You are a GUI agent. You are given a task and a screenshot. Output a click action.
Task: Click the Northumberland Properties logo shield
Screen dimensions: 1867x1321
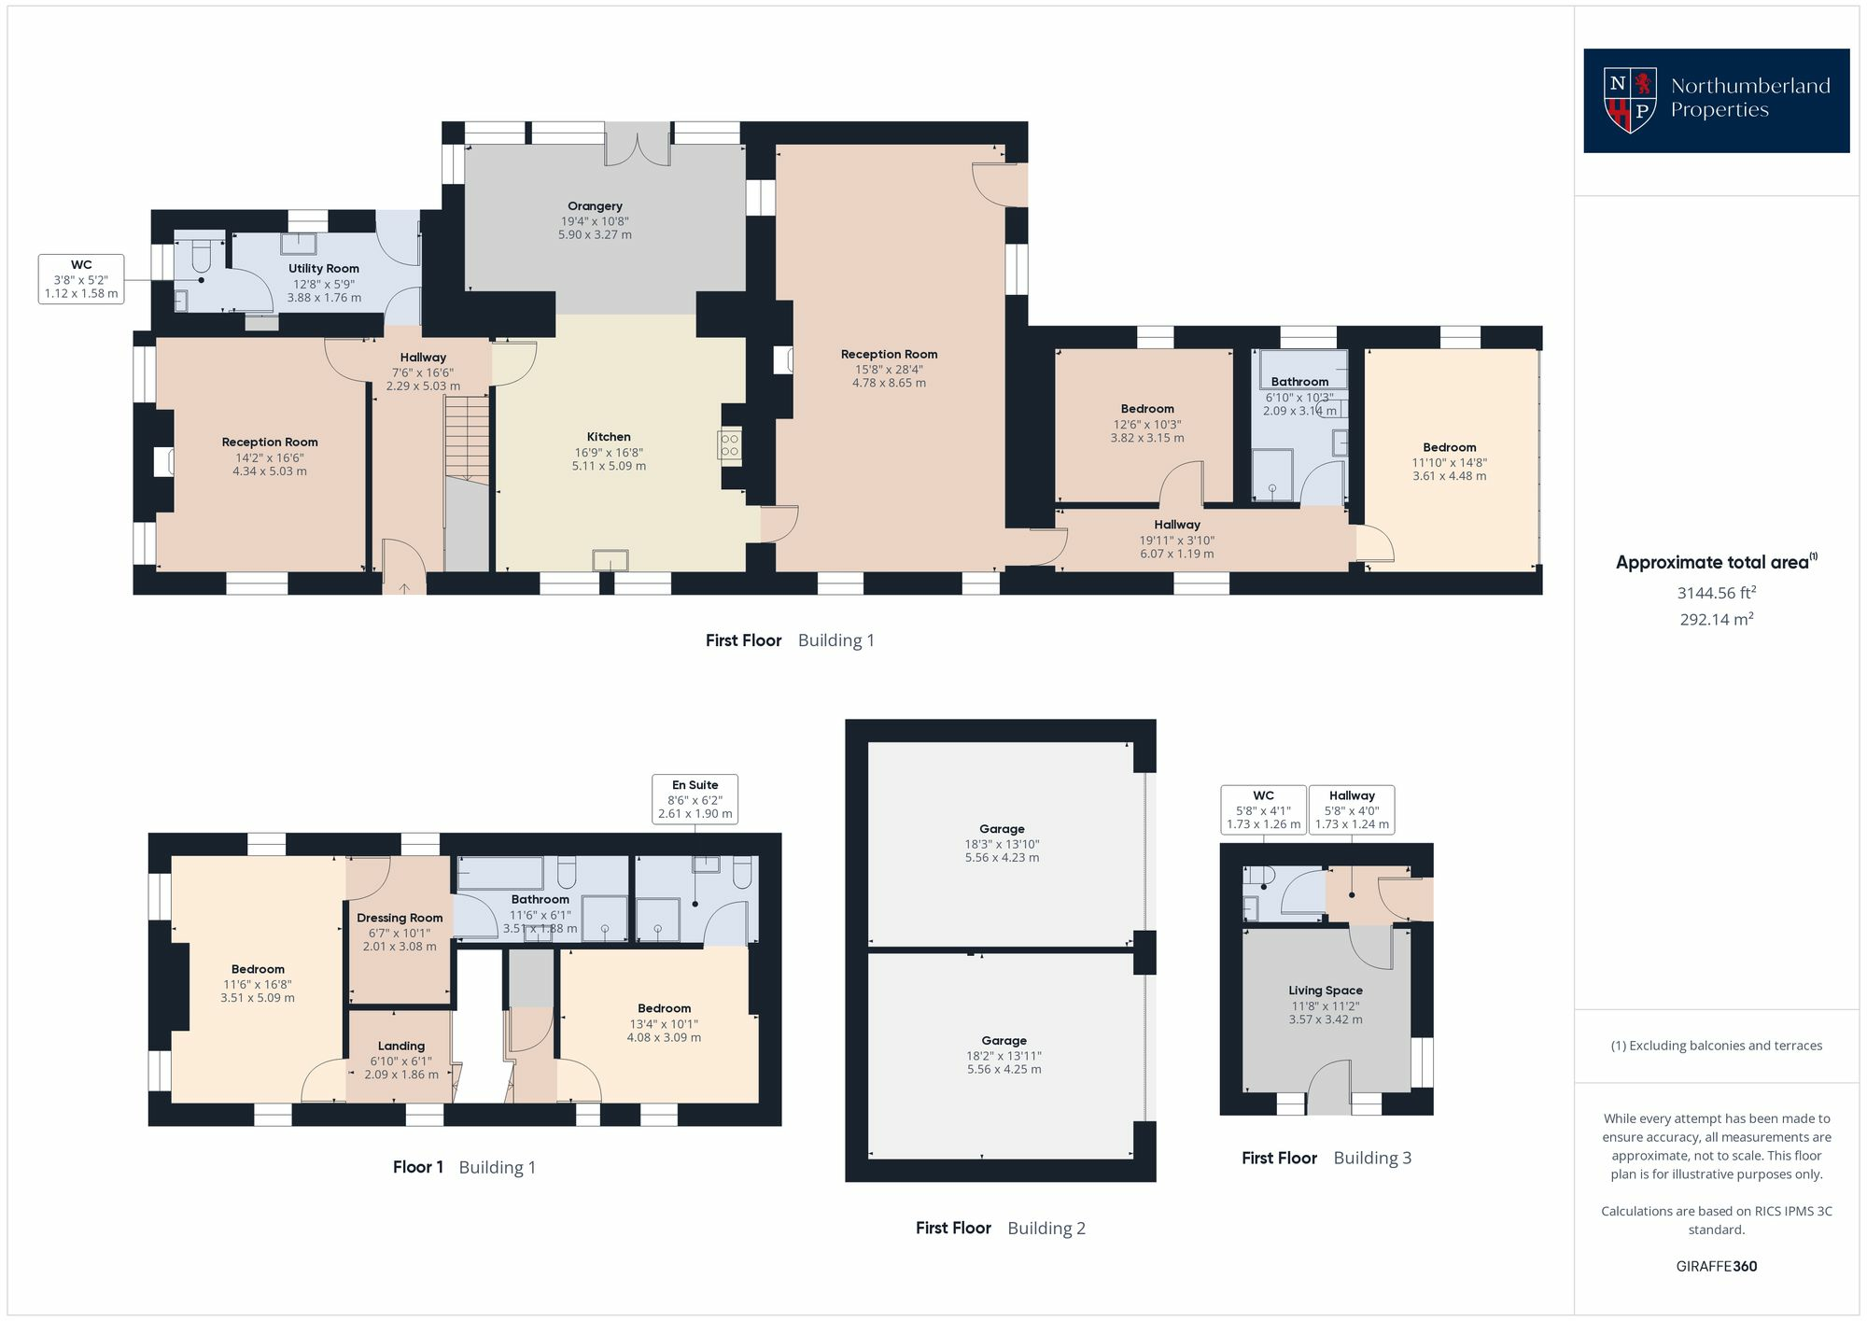tap(1630, 100)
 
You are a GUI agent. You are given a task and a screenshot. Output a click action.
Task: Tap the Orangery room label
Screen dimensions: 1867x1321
tap(595, 220)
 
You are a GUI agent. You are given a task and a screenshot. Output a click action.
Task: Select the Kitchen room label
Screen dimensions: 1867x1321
tap(609, 451)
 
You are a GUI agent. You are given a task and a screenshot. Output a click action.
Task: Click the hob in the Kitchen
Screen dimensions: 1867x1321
tap(729, 444)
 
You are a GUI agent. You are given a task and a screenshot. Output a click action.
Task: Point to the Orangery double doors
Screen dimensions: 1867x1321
tap(638, 145)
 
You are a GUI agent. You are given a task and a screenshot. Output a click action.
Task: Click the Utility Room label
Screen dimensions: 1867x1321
tap(324, 283)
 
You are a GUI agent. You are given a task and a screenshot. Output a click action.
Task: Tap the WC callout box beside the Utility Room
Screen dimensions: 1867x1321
tap(81, 279)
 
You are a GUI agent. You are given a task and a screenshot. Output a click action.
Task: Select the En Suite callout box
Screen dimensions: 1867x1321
tap(695, 799)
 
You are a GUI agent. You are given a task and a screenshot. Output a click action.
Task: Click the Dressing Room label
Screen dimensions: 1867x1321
tap(400, 932)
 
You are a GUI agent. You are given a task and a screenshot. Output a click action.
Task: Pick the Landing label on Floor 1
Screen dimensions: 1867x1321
tap(401, 1060)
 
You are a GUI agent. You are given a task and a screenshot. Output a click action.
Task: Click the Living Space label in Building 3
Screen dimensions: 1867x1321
tap(1326, 1005)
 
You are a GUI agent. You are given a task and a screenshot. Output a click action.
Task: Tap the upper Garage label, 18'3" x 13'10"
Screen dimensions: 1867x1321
tap(1002, 843)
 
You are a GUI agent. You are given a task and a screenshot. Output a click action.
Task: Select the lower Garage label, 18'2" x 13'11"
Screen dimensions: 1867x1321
tap(1004, 1055)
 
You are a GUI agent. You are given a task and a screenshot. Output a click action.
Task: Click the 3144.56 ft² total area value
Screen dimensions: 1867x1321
tap(1717, 592)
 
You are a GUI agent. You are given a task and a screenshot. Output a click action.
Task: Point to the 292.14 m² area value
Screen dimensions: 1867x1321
tap(1717, 619)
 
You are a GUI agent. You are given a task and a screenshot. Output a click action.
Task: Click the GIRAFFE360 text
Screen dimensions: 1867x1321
tap(1717, 1267)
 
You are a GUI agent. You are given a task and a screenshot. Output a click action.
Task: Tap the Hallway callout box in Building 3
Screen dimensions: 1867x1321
tap(1352, 809)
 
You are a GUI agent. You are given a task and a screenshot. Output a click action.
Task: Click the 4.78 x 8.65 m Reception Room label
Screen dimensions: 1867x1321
tap(889, 369)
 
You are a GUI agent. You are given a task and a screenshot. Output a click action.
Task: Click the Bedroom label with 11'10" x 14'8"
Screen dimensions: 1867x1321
tap(1450, 461)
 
